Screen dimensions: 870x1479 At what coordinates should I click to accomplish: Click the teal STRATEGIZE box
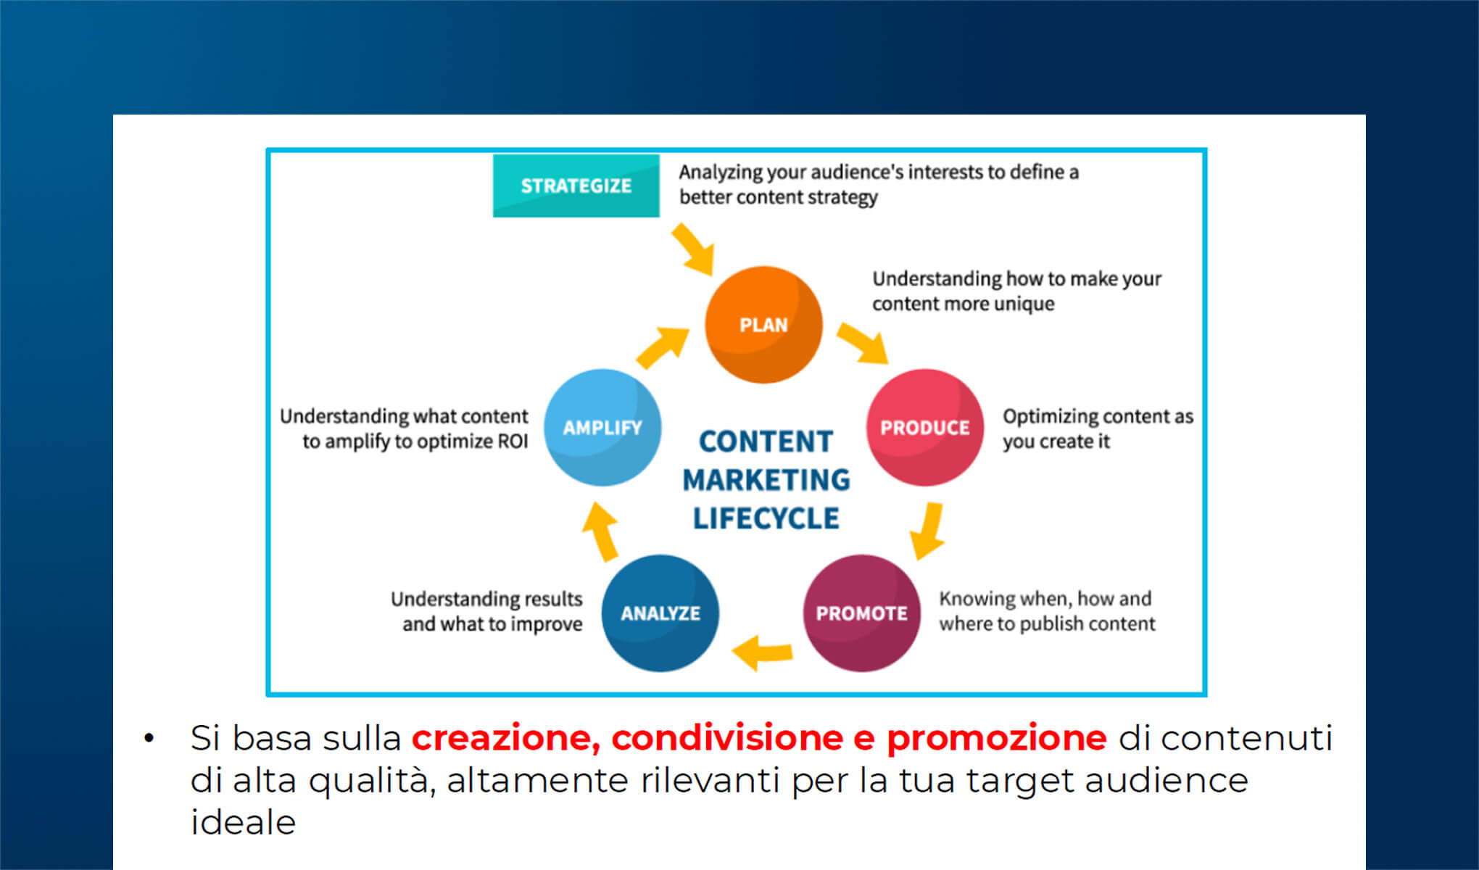(576, 186)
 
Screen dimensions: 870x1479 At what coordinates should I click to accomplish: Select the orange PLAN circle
(763, 324)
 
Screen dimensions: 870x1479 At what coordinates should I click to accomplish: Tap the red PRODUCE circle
(924, 427)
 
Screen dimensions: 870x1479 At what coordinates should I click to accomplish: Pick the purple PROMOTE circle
(861, 613)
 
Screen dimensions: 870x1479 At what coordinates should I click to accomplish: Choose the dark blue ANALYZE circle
(660, 613)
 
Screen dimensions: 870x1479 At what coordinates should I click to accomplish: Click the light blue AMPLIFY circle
(602, 427)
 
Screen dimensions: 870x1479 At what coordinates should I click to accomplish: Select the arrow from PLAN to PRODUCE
(863, 343)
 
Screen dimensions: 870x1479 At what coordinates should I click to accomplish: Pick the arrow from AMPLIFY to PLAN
(662, 347)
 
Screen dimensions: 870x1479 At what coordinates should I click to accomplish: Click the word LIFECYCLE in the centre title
(766, 518)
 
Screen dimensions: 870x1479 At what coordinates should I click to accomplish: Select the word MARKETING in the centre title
(766, 480)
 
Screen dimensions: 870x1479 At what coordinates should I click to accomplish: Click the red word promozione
(996, 738)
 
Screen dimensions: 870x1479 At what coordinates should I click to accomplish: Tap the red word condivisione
(726, 738)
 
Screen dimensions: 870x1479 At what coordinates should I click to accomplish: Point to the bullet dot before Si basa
(149, 739)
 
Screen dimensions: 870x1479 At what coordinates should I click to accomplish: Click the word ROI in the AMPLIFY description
(513, 442)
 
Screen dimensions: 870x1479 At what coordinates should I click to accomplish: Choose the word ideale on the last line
(243, 823)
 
